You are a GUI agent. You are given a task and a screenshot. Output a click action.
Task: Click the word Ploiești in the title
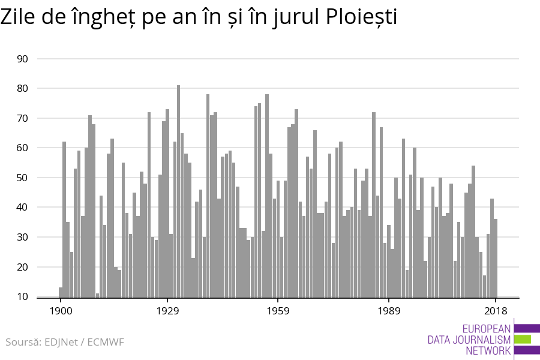pos(361,17)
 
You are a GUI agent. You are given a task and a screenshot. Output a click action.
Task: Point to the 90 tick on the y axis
pos(23,59)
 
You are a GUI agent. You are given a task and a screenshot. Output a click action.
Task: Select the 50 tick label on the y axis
pos(23,178)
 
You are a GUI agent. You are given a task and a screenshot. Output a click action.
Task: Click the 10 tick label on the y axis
pos(23,296)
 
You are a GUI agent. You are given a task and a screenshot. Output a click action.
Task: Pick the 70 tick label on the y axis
pos(23,118)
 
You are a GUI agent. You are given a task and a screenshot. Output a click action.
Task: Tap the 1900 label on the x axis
pos(61,311)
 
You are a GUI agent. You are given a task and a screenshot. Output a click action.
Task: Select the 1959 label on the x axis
pos(278,311)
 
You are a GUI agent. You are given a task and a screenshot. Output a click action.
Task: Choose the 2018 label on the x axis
pos(496,311)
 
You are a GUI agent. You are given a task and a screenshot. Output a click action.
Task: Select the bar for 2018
pos(496,258)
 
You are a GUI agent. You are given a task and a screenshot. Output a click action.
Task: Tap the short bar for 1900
pos(61,292)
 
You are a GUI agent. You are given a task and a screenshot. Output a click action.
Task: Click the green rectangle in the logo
pos(523,339)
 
